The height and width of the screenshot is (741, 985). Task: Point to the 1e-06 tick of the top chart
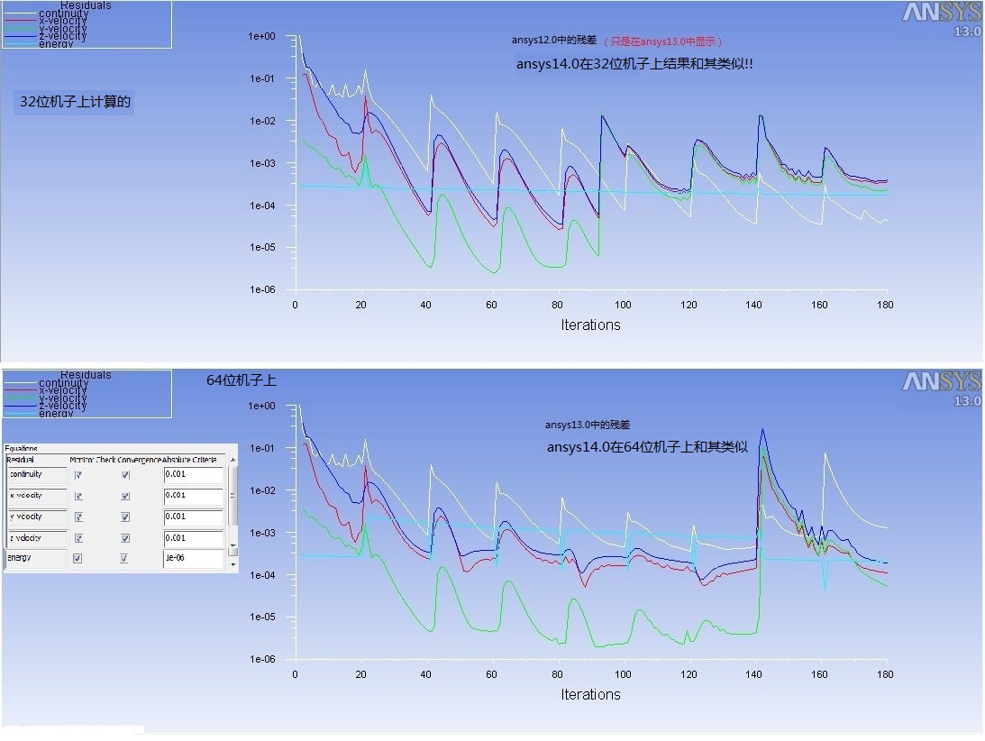pyautogui.click(x=262, y=289)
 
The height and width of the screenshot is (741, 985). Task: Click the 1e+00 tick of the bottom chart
pyautogui.click(x=262, y=406)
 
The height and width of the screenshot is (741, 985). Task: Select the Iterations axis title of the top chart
pyautogui.click(x=590, y=325)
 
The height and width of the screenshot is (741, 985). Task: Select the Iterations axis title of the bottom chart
pyautogui.click(x=590, y=694)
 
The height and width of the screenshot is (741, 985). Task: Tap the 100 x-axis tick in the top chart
pyautogui.click(x=624, y=306)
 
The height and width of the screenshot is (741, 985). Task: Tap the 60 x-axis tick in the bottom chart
pyautogui.click(x=492, y=675)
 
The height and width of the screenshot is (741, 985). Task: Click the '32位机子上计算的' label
pyautogui.click(x=76, y=102)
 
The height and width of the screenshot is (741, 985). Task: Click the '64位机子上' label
pyautogui.click(x=242, y=381)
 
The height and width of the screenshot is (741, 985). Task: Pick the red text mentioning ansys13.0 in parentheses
pyautogui.click(x=664, y=41)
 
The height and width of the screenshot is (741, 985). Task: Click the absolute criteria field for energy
pyautogui.click(x=193, y=559)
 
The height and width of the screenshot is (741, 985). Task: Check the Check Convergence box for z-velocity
pyautogui.click(x=125, y=538)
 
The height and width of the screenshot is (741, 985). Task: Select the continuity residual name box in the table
pyautogui.click(x=36, y=475)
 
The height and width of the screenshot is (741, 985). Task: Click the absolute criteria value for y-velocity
pyautogui.click(x=193, y=517)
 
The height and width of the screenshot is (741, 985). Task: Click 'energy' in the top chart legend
pyautogui.click(x=56, y=43)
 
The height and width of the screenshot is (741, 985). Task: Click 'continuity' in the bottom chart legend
pyautogui.click(x=63, y=383)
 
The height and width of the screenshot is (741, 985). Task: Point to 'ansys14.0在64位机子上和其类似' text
pyautogui.click(x=647, y=447)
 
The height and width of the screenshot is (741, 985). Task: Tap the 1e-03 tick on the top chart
pyautogui.click(x=262, y=163)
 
